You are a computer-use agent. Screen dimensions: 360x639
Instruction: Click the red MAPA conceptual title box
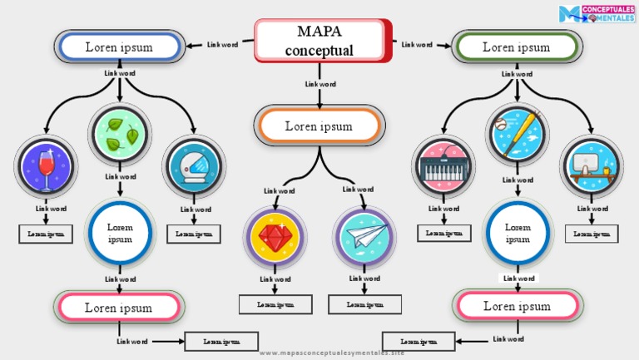click(x=323, y=41)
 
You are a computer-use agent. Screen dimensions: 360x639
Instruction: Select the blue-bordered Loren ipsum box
click(x=120, y=47)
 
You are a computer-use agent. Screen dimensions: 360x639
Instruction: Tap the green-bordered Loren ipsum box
click(x=517, y=47)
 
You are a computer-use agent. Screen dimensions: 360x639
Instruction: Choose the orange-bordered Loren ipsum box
click(x=319, y=126)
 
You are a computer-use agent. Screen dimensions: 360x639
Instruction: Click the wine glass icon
click(x=46, y=166)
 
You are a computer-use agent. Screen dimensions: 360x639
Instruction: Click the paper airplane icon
click(x=364, y=237)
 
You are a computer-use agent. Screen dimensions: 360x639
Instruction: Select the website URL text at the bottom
click(x=332, y=353)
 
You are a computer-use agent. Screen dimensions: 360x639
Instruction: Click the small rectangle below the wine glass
click(x=46, y=234)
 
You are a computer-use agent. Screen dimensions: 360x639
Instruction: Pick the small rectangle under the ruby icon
click(x=275, y=304)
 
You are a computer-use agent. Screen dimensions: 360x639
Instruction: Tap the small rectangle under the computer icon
click(x=592, y=234)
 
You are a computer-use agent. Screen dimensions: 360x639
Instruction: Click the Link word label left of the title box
click(x=222, y=45)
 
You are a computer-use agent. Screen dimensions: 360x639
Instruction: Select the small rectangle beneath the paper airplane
click(x=364, y=304)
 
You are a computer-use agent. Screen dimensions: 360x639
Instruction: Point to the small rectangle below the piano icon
click(x=443, y=234)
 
